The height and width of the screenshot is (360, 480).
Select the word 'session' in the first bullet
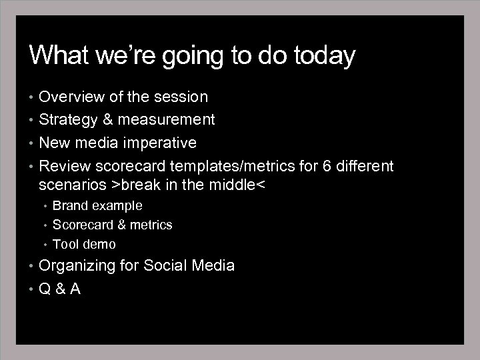pos(181,97)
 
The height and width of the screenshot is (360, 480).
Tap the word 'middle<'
pos(239,185)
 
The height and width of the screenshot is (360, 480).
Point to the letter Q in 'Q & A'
pos(45,289)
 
